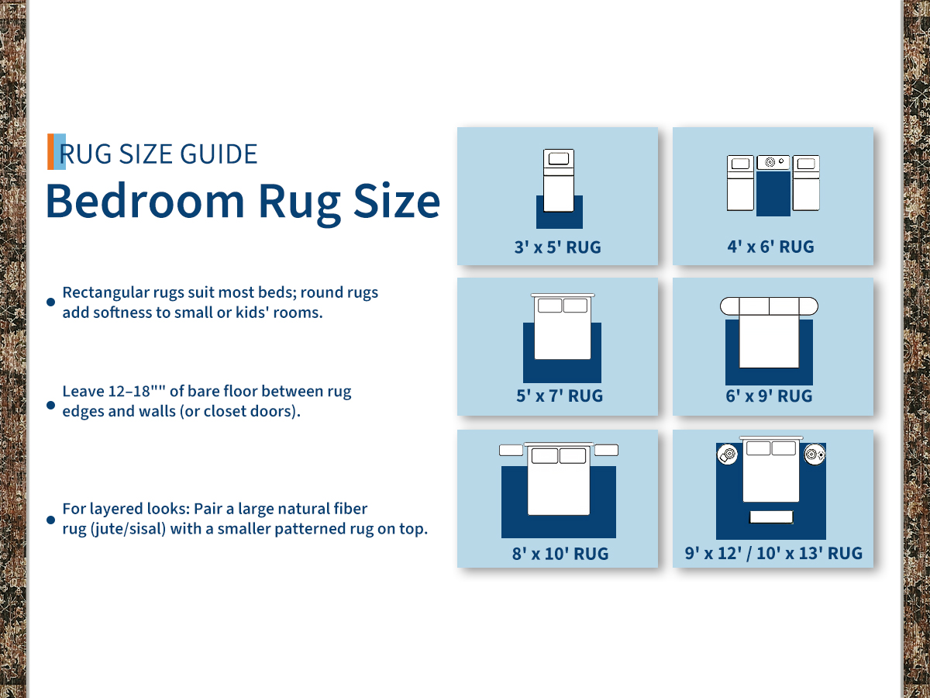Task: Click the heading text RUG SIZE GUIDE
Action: click(158, 154)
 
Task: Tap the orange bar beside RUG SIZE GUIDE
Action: click(50, 152)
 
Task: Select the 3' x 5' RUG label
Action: click(557, 247)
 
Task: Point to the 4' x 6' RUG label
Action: click(770, 247)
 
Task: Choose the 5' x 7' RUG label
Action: click(560, 396)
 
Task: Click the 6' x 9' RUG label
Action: click(769, 396)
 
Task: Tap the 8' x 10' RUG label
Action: click(560, 554)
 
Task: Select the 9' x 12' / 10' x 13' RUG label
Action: click(773, 554)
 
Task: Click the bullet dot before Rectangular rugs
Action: click(51, 302)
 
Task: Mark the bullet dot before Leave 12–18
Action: click(51, 405)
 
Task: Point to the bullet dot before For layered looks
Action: click(51, 520)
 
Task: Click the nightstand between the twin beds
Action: click(773, 162)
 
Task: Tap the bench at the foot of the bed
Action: click(771, 517)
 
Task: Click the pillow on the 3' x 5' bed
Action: click(559, 158)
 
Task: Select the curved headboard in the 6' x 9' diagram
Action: click(769, 306)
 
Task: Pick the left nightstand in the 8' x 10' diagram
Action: click(511, 450)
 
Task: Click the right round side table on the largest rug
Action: click(815, 454)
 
